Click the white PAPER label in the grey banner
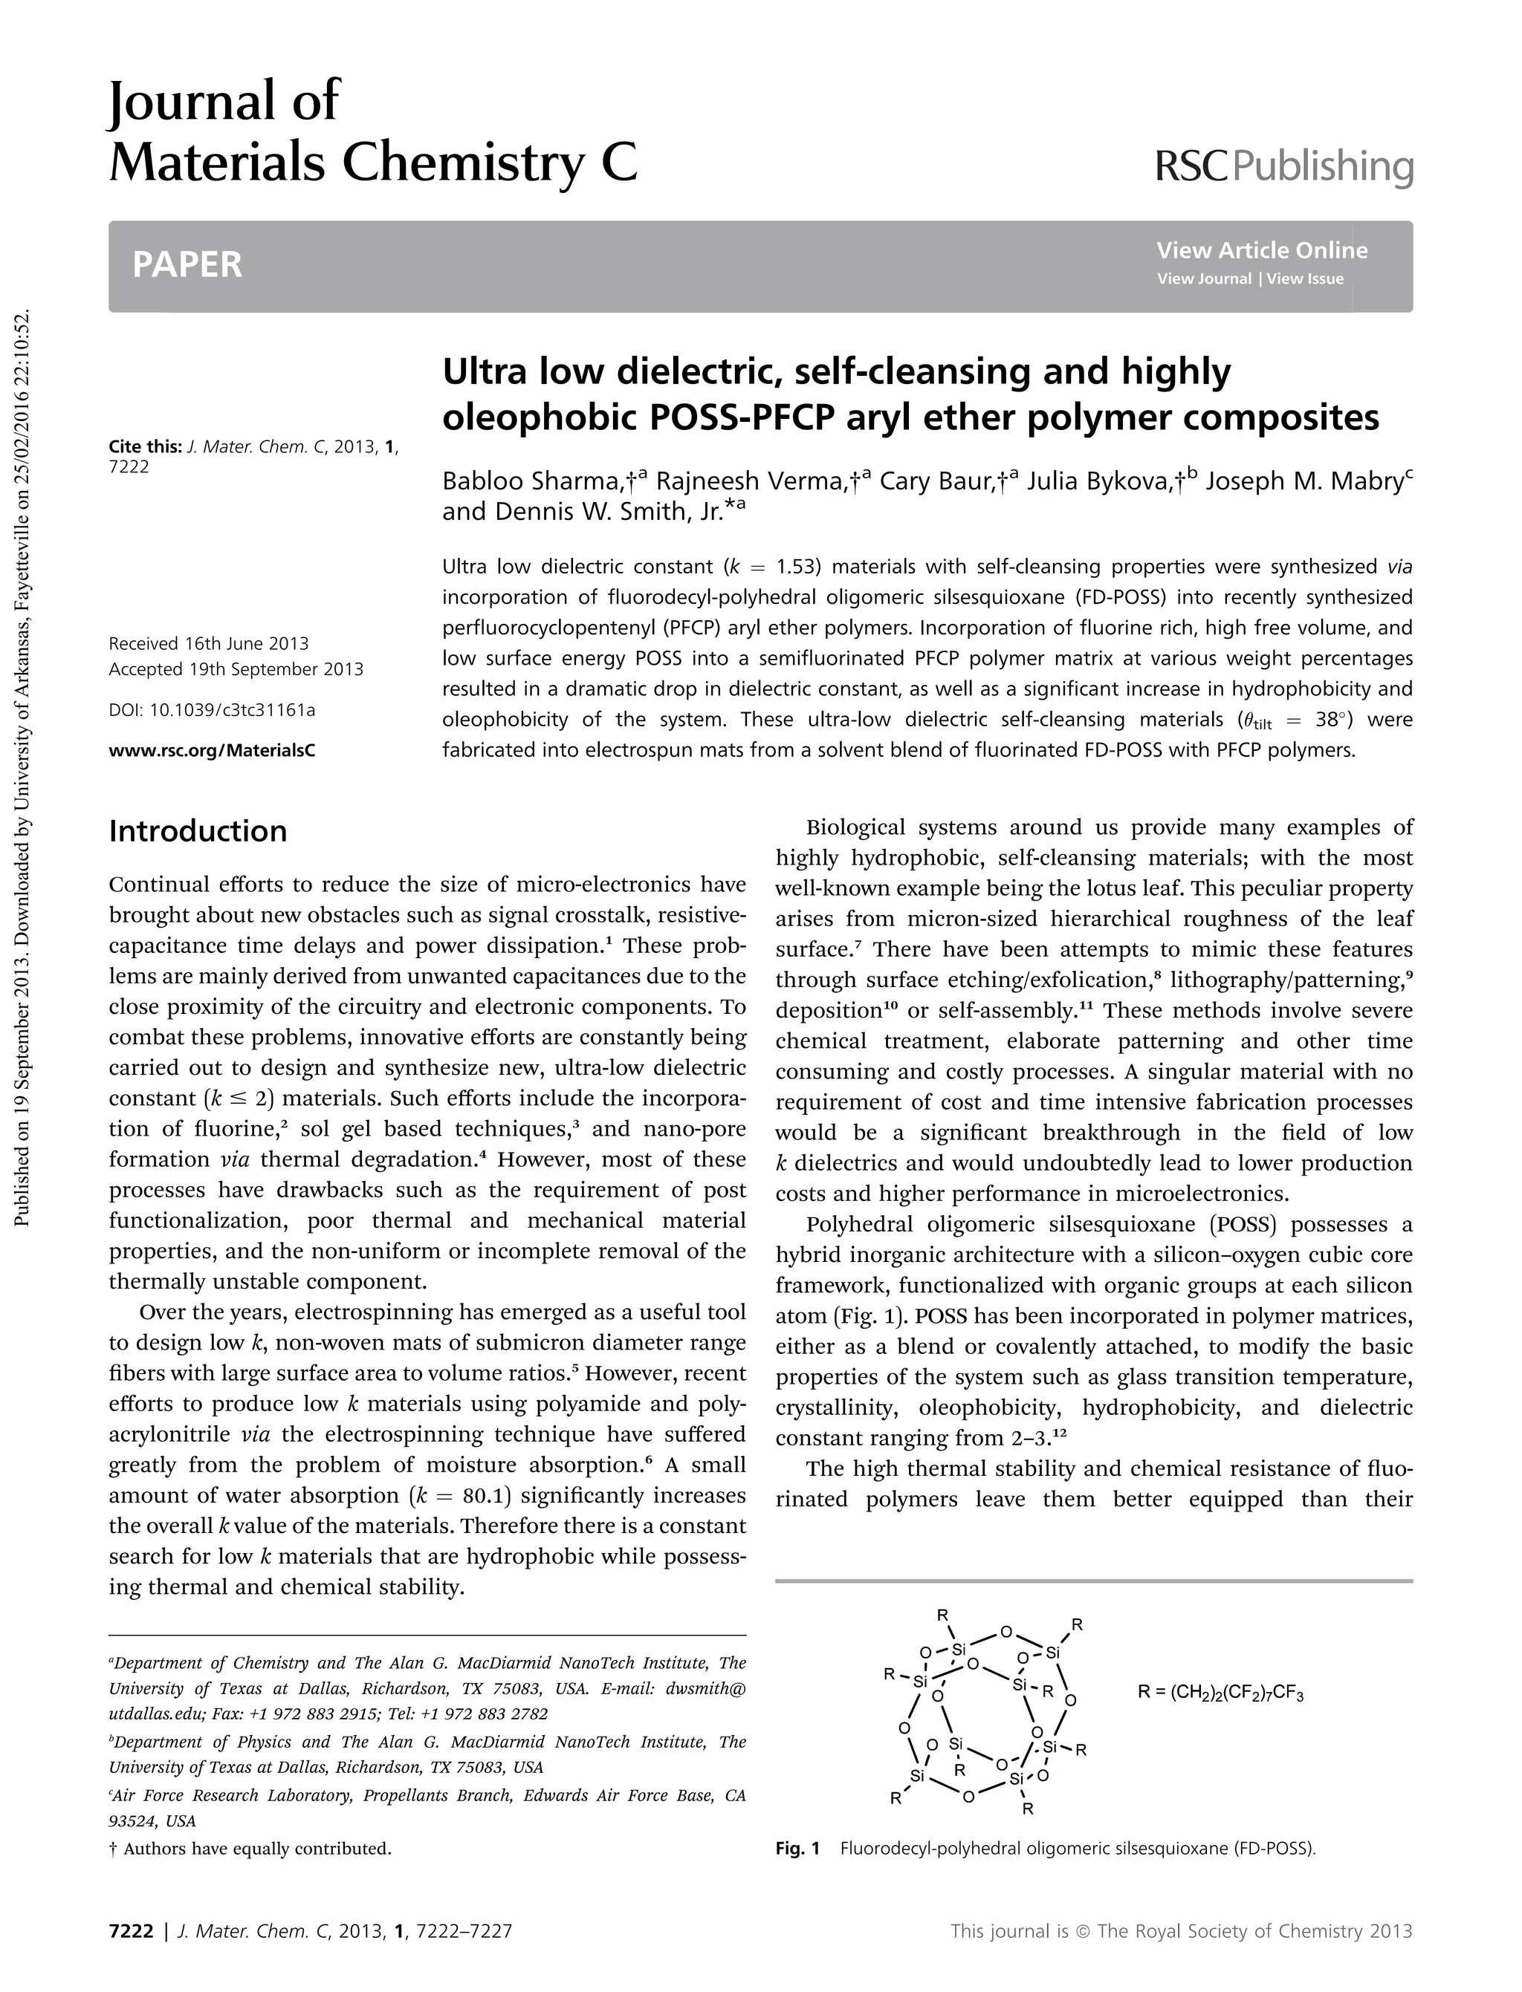click(187, 264)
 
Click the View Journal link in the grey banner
click(1204, 279)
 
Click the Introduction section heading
click(198, 830)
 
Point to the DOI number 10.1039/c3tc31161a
click(232, 710)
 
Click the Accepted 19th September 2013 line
click(236, 669)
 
